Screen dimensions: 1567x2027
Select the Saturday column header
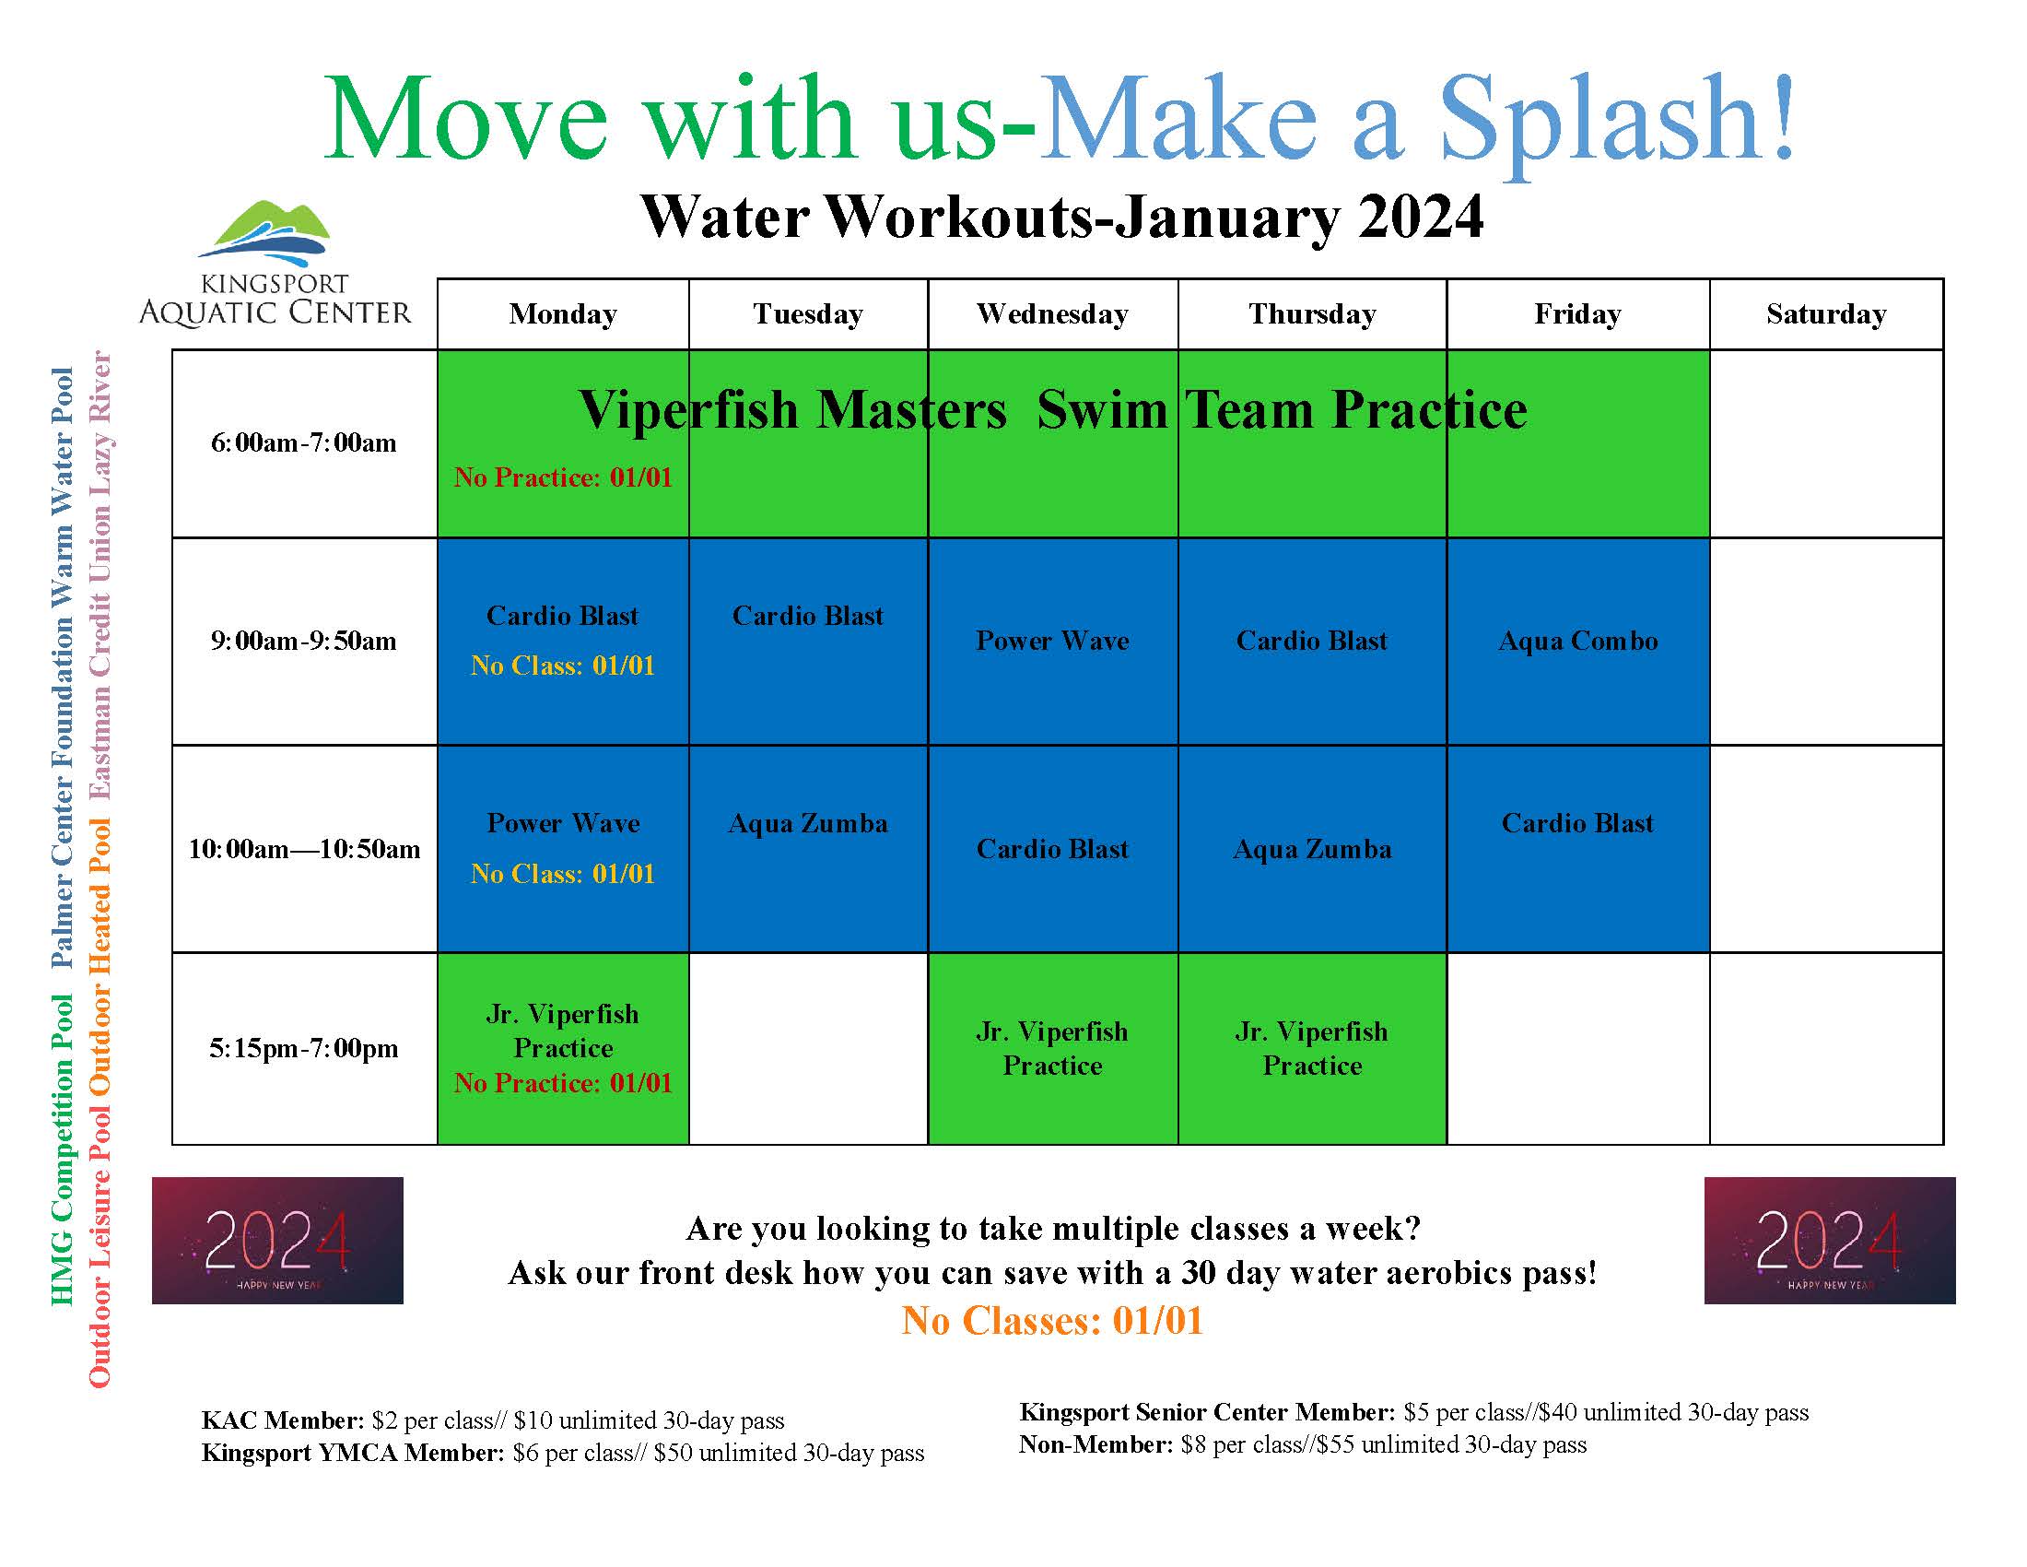pos(1825,313)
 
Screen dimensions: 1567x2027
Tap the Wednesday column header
pos(1051,313)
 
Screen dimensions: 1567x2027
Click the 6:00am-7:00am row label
pos(303,442)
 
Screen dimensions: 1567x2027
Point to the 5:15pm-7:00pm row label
pos(303,1048)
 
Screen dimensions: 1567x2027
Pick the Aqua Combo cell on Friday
pos(1576,641)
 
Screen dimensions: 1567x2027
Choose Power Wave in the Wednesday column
pos(1051,641)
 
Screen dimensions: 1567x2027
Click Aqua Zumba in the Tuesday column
pos(807,823)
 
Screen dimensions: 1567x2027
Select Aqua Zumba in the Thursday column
pos(1311,850)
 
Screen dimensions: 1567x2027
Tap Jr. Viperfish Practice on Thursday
pos(1311,1048)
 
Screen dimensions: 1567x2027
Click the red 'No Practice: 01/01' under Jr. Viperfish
pos(562,1083)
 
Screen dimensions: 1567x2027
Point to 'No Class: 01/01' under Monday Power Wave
pos(562,874)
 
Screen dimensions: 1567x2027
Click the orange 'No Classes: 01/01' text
pos(1051,1320)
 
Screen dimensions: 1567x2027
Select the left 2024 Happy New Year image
pos(277,1240)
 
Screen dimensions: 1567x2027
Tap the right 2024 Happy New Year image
pos(1829,1240)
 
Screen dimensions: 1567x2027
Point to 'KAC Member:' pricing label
pos(282,1420)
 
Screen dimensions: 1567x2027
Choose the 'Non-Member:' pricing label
pos(1096,1444)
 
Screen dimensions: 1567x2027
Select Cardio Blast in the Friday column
pos(1576,823)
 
